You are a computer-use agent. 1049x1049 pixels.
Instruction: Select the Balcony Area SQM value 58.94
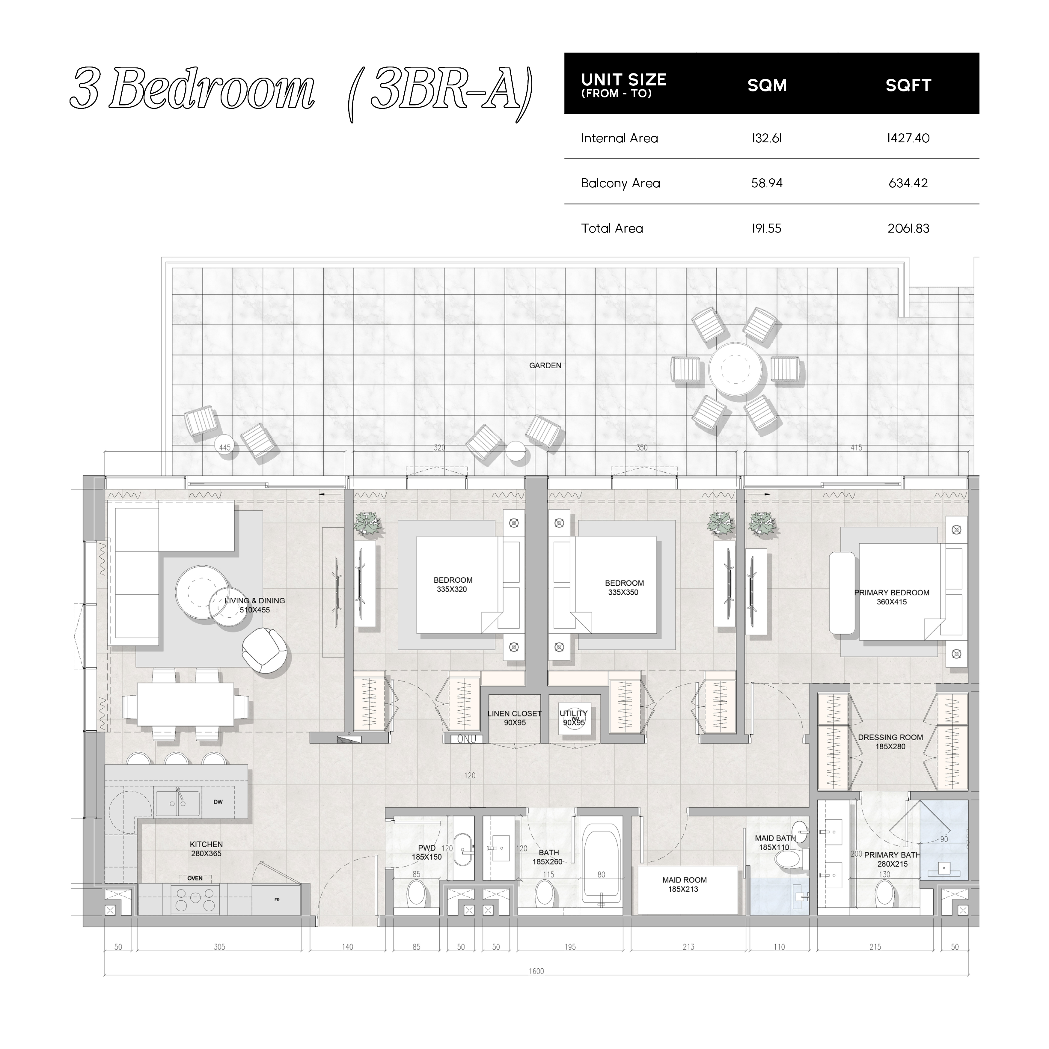coord(767,183)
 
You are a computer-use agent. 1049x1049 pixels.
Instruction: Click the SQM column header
coord(767,85)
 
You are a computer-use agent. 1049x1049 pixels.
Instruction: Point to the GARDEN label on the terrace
coord(545,365)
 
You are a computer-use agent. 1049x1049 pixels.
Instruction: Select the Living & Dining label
coord(255,601)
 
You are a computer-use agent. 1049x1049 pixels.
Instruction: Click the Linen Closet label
coord(515,713)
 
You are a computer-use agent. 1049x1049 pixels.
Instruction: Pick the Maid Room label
coord(684,880)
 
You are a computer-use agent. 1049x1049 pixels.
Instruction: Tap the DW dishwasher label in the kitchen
coord(218,801)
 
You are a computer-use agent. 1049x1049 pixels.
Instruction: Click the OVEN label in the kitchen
coord(195,878)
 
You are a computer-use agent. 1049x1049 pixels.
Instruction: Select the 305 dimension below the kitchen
coord(219,946)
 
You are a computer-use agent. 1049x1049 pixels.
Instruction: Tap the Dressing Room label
coord(890,737)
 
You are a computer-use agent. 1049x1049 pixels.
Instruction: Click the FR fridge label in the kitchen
coord(277,900)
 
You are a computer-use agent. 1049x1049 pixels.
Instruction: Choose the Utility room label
coord(574,713)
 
